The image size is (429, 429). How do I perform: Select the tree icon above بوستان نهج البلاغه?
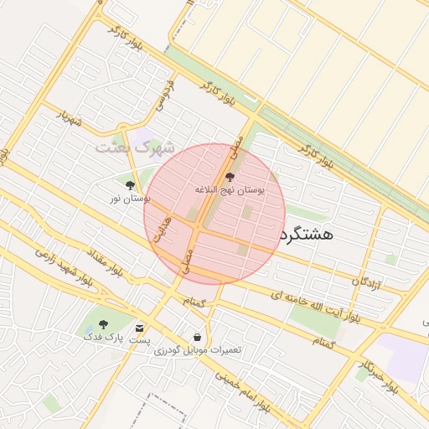(230, 177)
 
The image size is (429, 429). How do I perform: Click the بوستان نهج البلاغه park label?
(230, 191)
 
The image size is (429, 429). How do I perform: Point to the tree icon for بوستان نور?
(130, 185)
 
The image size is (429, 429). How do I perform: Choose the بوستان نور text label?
(130, 199)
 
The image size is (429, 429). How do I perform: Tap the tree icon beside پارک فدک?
(103, 324)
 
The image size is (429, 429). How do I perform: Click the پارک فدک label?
(103, 337)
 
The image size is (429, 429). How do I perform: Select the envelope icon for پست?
(139, 328)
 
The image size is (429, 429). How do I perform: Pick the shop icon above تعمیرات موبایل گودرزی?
(197, 337)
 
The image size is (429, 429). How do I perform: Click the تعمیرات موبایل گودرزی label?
(198, 349)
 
